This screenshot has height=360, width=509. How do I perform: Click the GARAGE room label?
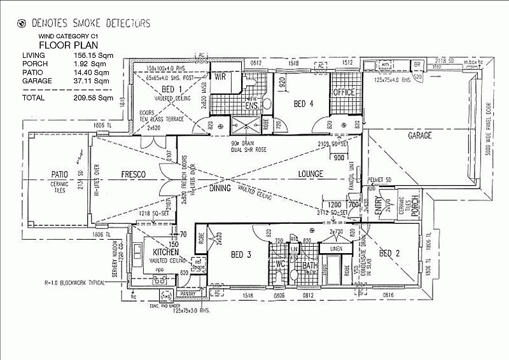420,135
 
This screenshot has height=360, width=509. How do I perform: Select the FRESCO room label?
134,174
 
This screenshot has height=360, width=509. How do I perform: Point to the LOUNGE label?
311,174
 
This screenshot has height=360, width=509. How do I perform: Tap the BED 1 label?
172,89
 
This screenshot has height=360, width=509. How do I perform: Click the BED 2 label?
389,254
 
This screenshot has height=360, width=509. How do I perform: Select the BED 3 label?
241,255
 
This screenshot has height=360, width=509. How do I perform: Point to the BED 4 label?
303,103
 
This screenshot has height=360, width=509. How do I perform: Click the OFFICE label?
344,92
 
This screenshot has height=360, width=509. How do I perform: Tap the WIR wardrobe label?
221,76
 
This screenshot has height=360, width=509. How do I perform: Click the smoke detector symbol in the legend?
22,24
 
